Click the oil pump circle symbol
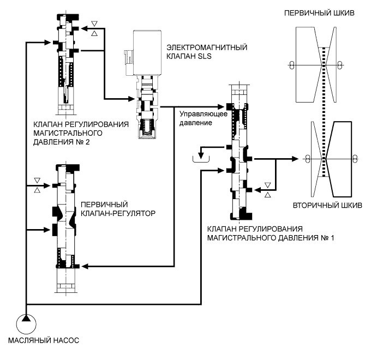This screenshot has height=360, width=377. click(26, 323)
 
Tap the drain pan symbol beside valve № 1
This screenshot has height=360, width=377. click(201, 158)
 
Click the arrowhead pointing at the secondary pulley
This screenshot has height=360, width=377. click(296, 159)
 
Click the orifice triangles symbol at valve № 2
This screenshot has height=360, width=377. click(95, 27)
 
